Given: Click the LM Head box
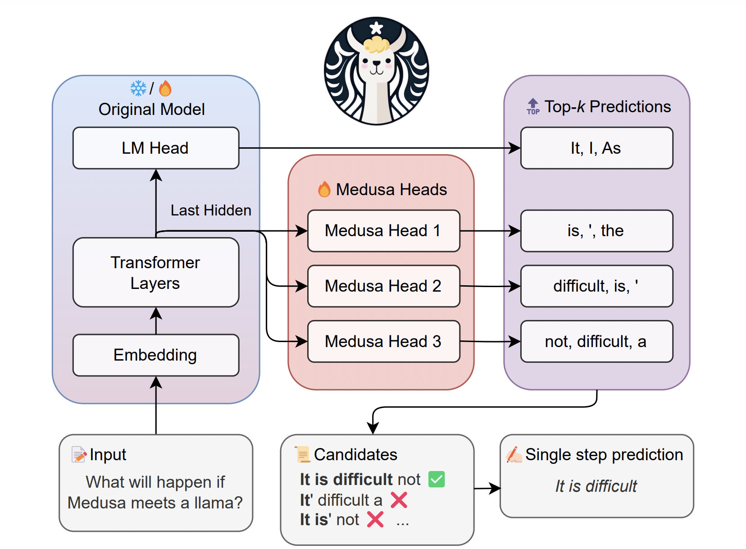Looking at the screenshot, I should point(155,148).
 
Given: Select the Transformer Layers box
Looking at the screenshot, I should point(155,272).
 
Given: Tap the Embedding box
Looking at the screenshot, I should point(155,355).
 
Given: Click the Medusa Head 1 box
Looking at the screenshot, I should point(383,230).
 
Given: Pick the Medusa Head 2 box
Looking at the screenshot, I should point(383,286).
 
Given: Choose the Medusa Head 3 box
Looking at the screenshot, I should point(383,341).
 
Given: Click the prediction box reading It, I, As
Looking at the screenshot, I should point(596,148).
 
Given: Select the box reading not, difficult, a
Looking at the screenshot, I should point(596,341).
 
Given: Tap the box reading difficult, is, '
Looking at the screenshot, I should point(596,286).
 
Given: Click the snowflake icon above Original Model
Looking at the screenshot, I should point(138,88).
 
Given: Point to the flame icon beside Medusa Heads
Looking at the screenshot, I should point(324,189).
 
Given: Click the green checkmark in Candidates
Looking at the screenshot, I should point(436,479).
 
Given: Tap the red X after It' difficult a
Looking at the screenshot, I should point(399,500).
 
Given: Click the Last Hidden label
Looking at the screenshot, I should point(211,210).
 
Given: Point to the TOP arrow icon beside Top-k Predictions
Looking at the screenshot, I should point(533,106).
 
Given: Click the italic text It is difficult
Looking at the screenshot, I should point(596,486).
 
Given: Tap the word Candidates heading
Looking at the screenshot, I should point(355,454).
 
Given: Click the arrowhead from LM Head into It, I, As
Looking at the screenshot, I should point(515,148).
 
